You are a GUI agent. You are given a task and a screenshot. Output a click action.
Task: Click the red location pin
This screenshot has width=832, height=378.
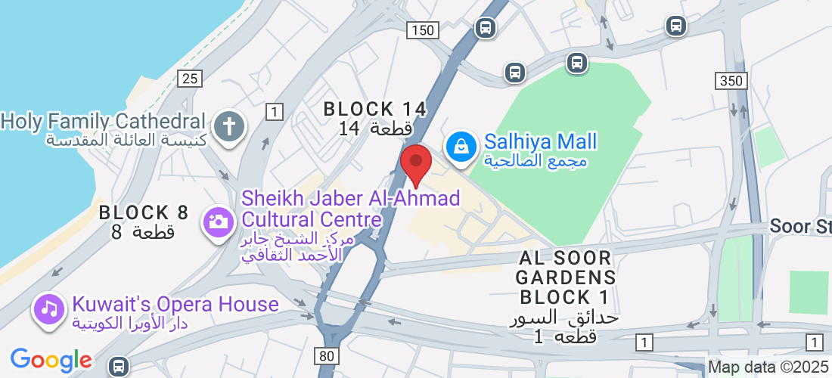(x=415, y=163)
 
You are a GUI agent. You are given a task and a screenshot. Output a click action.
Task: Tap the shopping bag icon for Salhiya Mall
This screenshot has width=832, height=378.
(x=460, y=146)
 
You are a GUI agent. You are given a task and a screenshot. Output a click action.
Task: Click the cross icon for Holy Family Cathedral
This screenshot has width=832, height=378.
(x=228, y=125)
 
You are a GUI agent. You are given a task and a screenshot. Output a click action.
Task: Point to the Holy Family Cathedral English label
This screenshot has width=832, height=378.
(x=104, y=121)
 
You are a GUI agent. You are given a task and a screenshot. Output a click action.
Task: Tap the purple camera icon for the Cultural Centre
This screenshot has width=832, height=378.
(x=218, y=222)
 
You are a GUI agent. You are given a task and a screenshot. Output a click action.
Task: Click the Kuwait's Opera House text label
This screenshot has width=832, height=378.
(x=175, y=305)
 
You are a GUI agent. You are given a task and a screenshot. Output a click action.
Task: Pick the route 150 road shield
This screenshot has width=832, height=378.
(x=422, y=30)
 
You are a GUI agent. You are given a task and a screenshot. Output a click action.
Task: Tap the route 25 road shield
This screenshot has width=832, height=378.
(x=190, y=78)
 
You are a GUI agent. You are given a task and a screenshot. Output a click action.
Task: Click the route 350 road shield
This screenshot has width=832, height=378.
(x=731, y=80)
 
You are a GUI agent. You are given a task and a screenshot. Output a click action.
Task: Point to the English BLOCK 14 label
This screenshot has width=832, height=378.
(x=375, y=109)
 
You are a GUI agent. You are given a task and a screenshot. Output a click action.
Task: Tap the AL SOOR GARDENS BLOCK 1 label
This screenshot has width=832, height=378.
(x=567, y=277)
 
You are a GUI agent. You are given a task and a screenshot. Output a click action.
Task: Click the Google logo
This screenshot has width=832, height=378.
(x=51, y=360)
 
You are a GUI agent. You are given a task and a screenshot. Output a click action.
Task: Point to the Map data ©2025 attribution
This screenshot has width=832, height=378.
(x=768, y=367)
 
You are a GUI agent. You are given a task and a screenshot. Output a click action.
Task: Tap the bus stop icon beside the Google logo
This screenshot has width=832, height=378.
(x=117, y=367)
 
